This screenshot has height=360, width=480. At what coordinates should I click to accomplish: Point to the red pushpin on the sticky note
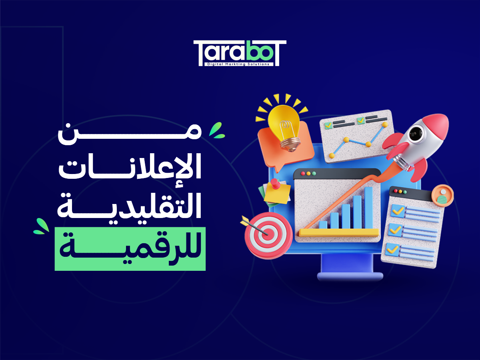pyautogui.click(x=275, y=184)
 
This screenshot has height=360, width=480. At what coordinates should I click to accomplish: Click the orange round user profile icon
pyautogui.click(x=442, y=195)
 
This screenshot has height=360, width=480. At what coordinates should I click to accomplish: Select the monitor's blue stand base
pyautogui.click(x=350, y=276)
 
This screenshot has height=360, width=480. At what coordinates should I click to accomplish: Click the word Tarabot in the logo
pyautogui.click(x=240, y=51)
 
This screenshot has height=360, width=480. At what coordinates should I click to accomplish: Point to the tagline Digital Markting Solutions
pyautogui.click(x=239, y=64)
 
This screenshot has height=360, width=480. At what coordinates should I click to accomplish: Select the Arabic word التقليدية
pyautogui.click(x=130, y=206)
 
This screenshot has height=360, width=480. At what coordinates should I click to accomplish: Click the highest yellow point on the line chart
pyautogui.click(x=385, y=125)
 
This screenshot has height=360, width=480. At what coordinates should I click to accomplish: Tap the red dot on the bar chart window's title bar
pyautogui.click(x=303, y=174)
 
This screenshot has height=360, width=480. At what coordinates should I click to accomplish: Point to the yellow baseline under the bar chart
pyautogui.click(x=339, y=232)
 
